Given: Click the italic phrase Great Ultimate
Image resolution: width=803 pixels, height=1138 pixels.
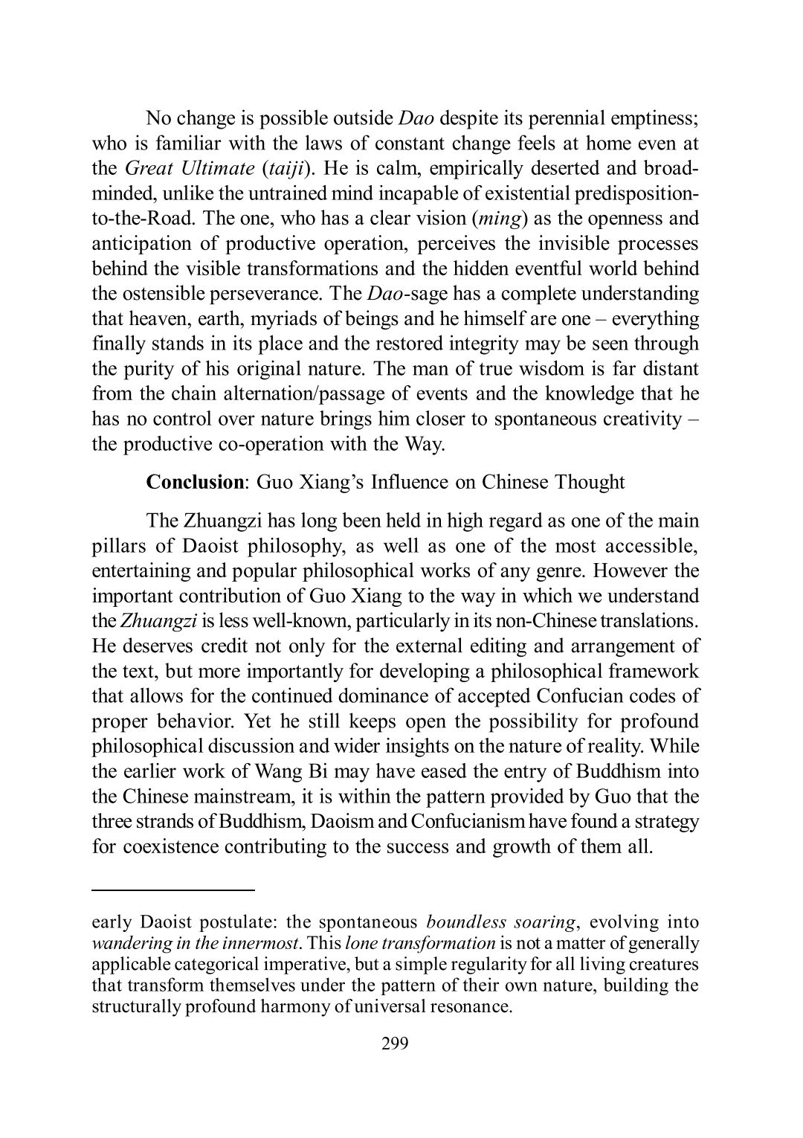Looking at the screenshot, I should [x=187, y=167].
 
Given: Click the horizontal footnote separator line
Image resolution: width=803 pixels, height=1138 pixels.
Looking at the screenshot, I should [x=173, y=889].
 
